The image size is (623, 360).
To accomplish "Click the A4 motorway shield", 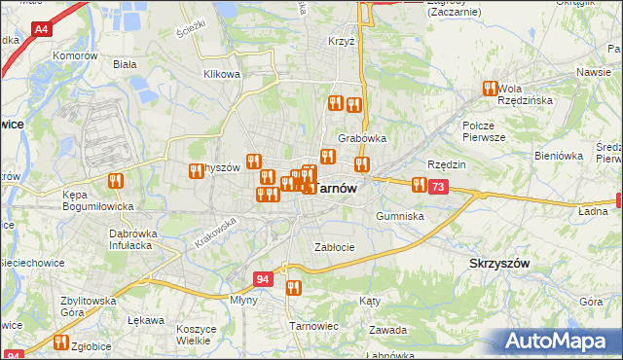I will pos(41,31).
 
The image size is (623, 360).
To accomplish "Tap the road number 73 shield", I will pos(439,187).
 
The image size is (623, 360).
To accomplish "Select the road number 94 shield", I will pos(262,278).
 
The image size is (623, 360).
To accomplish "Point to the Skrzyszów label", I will pos(498,263).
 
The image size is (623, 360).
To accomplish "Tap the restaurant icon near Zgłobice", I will pos(61,342).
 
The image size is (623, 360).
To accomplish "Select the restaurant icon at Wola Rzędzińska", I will pos(490,89).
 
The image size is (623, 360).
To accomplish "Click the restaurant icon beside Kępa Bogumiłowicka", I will pos(116,180).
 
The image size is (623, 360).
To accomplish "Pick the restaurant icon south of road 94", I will pos(293,287).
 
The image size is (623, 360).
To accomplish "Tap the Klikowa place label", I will pos(221,74).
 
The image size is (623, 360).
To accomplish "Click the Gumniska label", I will pos(399,216).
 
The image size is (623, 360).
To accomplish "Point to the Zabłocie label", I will pos(334,247).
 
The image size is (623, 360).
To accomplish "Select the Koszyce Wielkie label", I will pos(196,335).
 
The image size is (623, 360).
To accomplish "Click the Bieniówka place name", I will pos(558,155).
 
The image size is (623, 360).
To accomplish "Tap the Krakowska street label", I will pos(216,233).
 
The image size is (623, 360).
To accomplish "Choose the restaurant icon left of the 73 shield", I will pos(419,184).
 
